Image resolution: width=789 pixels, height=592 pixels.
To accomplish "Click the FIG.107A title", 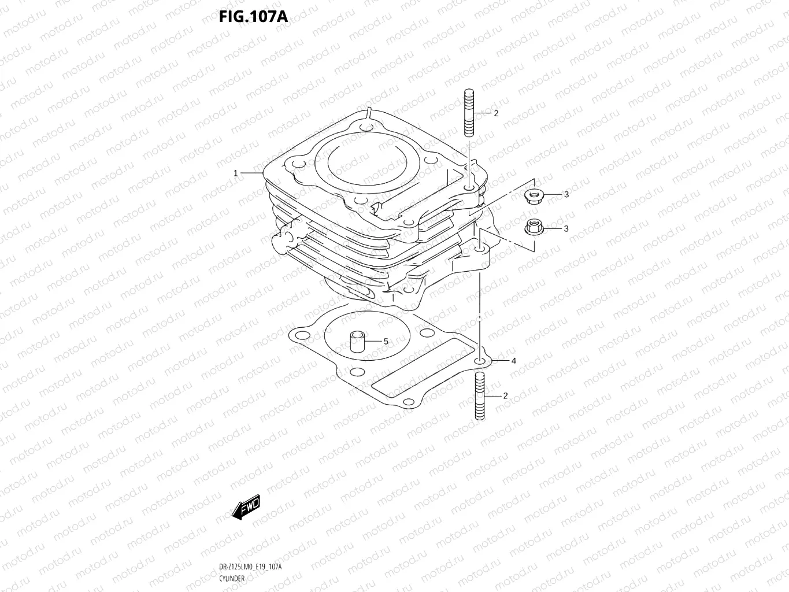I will [x=253, y=16].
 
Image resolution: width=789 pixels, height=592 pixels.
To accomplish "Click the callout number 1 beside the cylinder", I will [x=236, y=173].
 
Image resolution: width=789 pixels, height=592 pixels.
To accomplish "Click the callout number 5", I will [x=386, y=342].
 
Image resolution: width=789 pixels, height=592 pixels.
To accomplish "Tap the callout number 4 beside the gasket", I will [x=513, y=361].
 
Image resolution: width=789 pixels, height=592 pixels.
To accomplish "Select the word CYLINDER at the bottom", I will [x=232, y=578].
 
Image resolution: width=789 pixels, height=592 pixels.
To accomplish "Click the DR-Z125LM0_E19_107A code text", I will [x=250, y=567].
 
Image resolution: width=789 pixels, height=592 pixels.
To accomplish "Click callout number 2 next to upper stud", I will [x=496, y=113].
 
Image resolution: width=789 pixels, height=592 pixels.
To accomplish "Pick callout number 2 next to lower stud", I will [x=505, y=396].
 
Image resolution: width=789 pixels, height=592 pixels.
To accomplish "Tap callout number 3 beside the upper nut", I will [x=566, y=195].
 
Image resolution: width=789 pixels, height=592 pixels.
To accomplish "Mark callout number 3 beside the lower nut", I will [x=566, y=228].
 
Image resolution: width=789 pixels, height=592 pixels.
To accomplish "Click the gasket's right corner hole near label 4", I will [x=479, y=361].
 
